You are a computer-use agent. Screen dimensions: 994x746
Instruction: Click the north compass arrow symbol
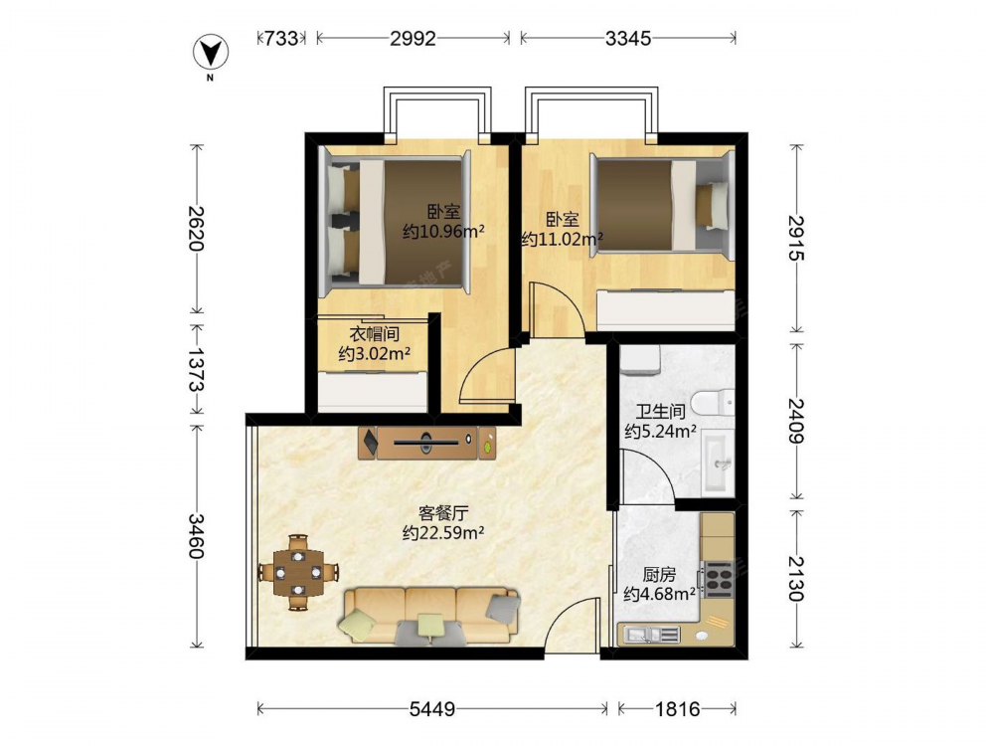pyautogui.click(x=211, y=52)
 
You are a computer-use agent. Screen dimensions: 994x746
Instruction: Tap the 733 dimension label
pyautogui.click(x=281, y=39)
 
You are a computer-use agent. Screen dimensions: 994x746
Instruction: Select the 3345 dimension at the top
pyautogui.click(x=627, y=39)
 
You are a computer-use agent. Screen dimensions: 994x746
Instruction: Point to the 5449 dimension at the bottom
pyautogui.click(x=431, y=708)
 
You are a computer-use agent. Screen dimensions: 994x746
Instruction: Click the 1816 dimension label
pyautogui.click(x=677, y=708)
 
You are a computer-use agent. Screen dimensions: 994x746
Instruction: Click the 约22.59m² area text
pyautogui.click(x=443, y=533)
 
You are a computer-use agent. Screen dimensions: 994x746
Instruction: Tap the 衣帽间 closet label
pyautogui.click(x=374, y=333)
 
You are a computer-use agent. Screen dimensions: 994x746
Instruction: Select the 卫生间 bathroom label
pyautogui.click(x=661, y=412)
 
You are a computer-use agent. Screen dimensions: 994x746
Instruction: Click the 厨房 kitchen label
pyautogui.click(x=659, y=575)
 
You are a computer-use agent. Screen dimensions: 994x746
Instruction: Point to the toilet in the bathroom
pyautogui.click(x=713, y=403)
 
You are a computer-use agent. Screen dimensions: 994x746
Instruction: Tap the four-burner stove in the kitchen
pyautogui.click(x=719, y=579)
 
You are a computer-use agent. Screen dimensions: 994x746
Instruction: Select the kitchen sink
pyautogui.click(x=650, y=634)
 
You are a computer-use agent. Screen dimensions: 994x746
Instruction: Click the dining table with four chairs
pyautogui.click(x=298, y=572)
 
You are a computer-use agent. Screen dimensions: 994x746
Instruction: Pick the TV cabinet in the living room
pyautogui.click(x=426, y=443)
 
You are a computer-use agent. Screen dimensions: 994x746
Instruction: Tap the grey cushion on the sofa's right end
pyautogui.click(x=503, y=606)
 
